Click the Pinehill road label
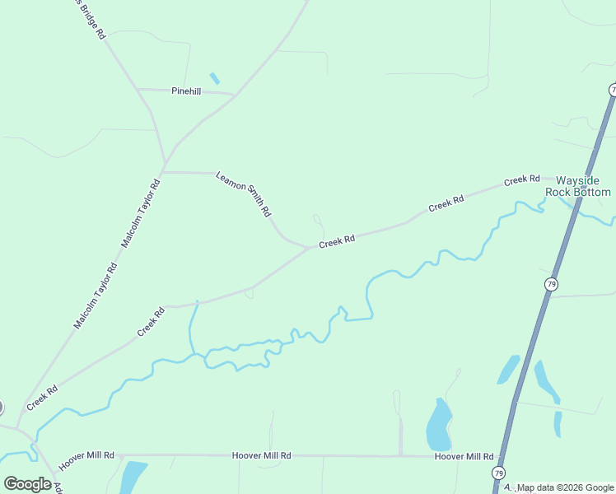(186, 91)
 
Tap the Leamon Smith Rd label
(244, 193)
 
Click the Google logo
(27, 484)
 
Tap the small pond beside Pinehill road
(215, 78)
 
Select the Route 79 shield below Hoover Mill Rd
(498, 473)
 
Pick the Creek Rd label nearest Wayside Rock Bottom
(521, 179)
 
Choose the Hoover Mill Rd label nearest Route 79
(464, 456)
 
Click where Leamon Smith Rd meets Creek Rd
(308, 247)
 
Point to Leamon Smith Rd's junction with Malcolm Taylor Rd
(164, 172)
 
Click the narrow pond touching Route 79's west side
(507, 370)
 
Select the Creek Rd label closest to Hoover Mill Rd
(41, 398)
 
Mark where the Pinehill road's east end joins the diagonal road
(235, 95)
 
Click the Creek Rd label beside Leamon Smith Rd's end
(337, 240)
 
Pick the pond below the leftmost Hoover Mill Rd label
(132, 477)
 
